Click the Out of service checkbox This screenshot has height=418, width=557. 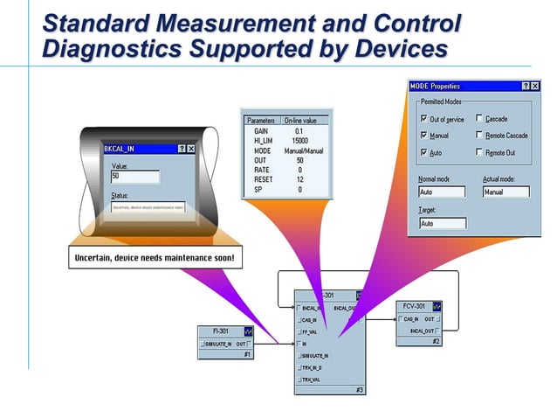pos(424,118)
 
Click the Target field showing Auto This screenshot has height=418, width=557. pos(442,223)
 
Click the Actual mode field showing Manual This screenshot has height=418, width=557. pos(505,192)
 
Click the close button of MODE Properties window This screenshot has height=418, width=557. pos(536,86)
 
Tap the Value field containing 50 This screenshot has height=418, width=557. pos(135,177)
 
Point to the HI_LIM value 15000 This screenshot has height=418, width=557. pos(299,140)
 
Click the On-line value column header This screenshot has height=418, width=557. pos(299,120)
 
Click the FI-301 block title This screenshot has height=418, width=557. pos(221,331)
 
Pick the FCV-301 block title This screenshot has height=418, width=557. pos(414,307)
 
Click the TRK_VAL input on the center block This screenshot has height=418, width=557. pos(313,380)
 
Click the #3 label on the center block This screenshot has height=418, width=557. pos(359,389)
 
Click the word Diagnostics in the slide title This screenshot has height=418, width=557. pos(107,49)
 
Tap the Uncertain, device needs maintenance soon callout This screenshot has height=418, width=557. pos(155,258)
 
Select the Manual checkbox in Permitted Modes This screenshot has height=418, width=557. pos(424,136)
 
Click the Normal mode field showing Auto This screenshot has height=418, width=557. pos(442,192)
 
